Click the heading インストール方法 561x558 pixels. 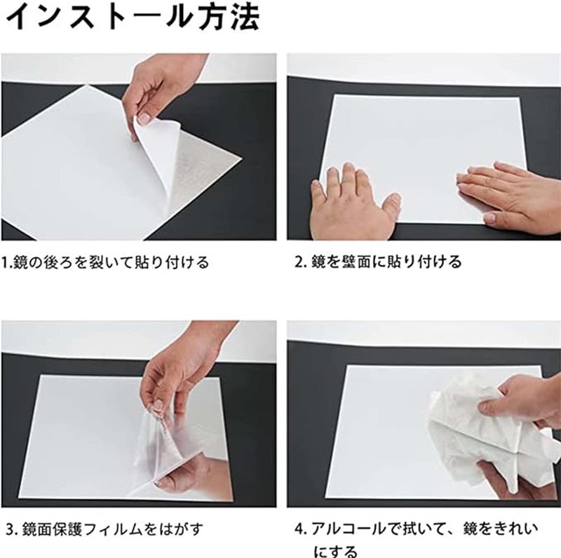(133, 17)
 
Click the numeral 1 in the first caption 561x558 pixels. (4, 263)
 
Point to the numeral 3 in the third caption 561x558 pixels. (10, 529)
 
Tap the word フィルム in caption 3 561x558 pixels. (114, 529)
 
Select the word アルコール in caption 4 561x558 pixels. (348, 529)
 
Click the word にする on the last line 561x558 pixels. (336, 551)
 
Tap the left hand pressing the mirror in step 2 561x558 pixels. (354, 202)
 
